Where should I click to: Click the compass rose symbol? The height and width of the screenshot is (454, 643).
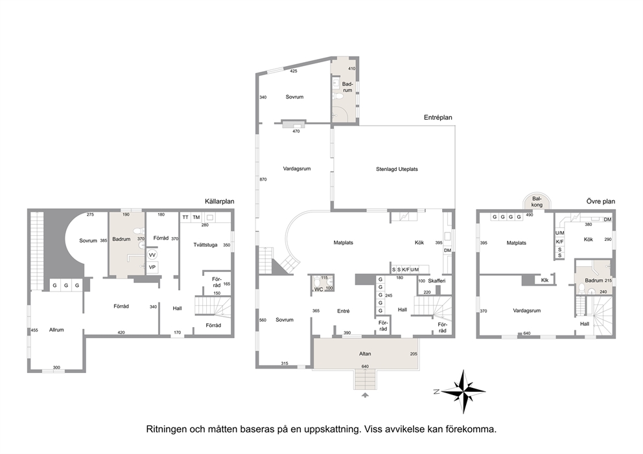pyautogui.click(x=463, y=392)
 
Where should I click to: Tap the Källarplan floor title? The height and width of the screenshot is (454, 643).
pyautogui.click(x=219, y=201)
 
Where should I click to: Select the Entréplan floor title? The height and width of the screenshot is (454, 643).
pyautogui.click(x=438, y=117)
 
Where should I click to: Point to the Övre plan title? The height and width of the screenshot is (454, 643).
pyautogui.click(x=600, y=201)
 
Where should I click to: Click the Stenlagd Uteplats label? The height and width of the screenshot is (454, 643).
pyautogui.click(x=397, y=169)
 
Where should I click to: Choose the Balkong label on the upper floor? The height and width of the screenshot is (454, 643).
pyautogui.click(x=537, y=201)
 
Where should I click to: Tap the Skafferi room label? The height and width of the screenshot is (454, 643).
pyautogui.click(x=436, y=280)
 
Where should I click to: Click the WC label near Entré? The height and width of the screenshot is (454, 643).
pyautogui.click(x=319, y=289)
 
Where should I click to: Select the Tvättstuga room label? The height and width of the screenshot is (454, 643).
pyautogui.click(x=205, y=245)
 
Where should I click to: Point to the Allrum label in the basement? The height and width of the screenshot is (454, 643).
pyautogui.click(x=56, y=330)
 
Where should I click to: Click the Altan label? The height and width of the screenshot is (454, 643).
pyautogui.click(x=365, y=354)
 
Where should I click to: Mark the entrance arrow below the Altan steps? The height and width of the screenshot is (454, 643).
pyautogui.click(x=365, y=395)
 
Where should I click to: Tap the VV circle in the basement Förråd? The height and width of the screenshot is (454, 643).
pyautogui.click(x=152, y=255)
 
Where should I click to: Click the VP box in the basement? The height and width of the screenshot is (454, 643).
pyautogui.click(x=152, y=267)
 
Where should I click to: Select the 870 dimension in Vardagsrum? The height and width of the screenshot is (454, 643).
pyautogui.click(x=263, y=179)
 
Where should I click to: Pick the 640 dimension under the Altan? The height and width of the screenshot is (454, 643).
pyautogui.click(x=365, y=367)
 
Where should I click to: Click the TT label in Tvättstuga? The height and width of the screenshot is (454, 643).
pyautogui.click(x=185, y=217)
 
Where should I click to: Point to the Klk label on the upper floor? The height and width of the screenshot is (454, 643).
pyautogui.click(x=544, y=280)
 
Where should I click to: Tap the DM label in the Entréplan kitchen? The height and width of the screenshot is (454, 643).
pyautogui.click(x=447, y=251)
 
